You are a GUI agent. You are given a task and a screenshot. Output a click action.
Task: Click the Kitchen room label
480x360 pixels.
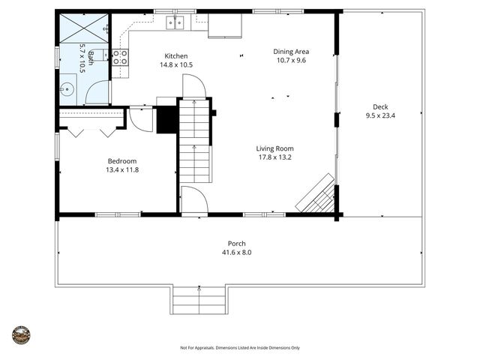click(176, 56)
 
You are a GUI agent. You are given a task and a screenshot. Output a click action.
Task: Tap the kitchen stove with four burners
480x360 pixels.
click(120, 57)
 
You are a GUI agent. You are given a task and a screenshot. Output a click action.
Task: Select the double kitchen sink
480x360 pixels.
click(175, 22)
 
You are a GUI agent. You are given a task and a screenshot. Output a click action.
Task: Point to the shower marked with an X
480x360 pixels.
click(84, 28)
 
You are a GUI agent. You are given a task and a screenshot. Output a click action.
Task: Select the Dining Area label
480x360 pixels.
click(291, 52)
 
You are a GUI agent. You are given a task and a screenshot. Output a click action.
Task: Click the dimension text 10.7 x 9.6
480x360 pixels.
click(291, 61)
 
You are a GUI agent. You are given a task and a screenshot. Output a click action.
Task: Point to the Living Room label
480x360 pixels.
click(274, 148)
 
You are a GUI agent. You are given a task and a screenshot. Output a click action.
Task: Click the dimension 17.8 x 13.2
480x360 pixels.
click(274, 157)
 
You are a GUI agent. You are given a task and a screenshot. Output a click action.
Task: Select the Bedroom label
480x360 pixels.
click(122, 161)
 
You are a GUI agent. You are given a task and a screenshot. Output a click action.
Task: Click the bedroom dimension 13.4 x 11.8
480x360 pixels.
click(122, 170)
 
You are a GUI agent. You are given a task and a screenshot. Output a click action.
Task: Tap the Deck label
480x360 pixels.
click(381, 106)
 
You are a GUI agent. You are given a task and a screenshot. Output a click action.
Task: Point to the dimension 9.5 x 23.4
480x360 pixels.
click(381, 115)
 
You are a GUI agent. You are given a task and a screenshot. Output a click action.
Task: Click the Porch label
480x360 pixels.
click(237, 244)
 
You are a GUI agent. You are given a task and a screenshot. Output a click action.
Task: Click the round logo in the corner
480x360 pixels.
click(21, 335)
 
